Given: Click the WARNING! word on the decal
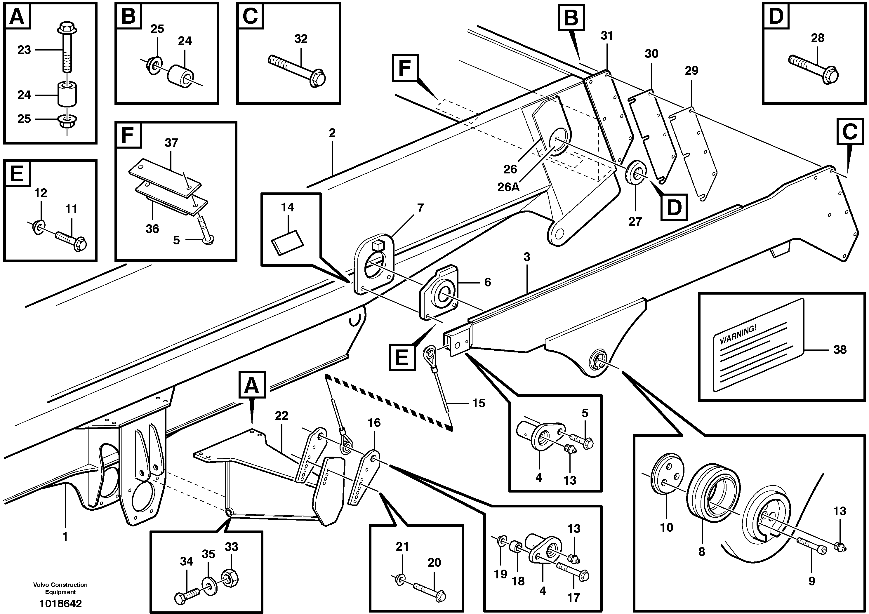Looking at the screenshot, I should (x=738, y=335).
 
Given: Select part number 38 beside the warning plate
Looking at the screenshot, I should (x=840, y=349).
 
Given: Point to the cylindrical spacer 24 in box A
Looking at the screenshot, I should (x=67, y=95).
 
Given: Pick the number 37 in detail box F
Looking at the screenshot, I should (x=171, y=143).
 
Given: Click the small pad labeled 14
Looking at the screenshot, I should (x=288, y=242).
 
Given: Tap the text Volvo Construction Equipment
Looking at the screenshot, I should (x=60, y=588).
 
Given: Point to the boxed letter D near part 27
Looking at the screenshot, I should (x=674, y=207).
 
